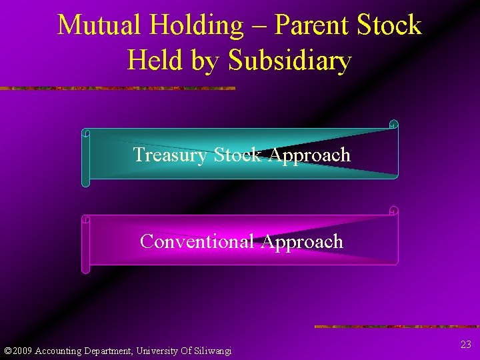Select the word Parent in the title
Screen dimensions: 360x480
pos(313,25)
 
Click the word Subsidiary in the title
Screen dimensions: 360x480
pos(289,61)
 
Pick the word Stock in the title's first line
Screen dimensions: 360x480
pos(389,25)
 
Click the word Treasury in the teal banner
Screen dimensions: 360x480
pos(171,155)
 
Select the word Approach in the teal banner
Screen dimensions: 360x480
pos(309,155)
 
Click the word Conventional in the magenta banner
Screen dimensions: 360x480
pos(198,241)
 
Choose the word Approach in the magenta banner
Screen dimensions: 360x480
pos(303,241)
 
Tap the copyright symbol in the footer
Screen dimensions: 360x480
pos(7,351)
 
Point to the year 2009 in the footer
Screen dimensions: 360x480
pos(23,351)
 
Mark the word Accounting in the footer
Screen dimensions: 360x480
pos(59,351)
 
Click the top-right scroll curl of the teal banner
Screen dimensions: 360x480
pos(393,125)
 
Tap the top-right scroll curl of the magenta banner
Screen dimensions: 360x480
pos(393,211)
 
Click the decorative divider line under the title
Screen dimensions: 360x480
pos(117,88)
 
